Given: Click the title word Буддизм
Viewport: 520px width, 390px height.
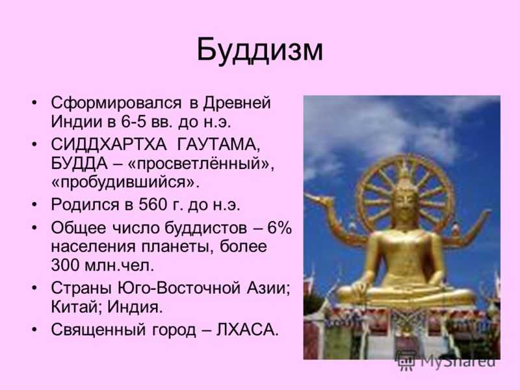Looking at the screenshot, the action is (x=259, y=51).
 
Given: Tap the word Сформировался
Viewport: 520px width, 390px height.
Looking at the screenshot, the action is (x=116, y=103).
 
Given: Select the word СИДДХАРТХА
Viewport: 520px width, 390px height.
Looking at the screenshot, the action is (x=109, y=144).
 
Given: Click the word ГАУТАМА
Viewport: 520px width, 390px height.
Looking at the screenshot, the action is (x=218, y=145).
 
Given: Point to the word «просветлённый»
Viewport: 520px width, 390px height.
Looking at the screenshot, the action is (x=200, y=164).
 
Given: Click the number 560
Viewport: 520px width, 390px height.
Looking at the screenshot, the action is (x=153, y=205).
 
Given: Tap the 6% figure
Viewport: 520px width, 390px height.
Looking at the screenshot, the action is (x=279, y=227).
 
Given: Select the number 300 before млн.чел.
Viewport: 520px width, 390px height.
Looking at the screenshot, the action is (x=65, y=265).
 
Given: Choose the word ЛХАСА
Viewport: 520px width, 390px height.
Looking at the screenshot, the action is (x=248, y=330).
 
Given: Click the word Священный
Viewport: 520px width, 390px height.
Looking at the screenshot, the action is (x=98, y=330).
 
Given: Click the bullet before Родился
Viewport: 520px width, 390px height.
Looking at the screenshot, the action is (x=34, y=205).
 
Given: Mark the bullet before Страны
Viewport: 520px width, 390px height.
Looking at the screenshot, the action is (x=34, y=288).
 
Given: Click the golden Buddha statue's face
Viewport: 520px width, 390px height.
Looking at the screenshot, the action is (x=404, y=203).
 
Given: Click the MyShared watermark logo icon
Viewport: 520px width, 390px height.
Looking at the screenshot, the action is (x=405, y=360).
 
